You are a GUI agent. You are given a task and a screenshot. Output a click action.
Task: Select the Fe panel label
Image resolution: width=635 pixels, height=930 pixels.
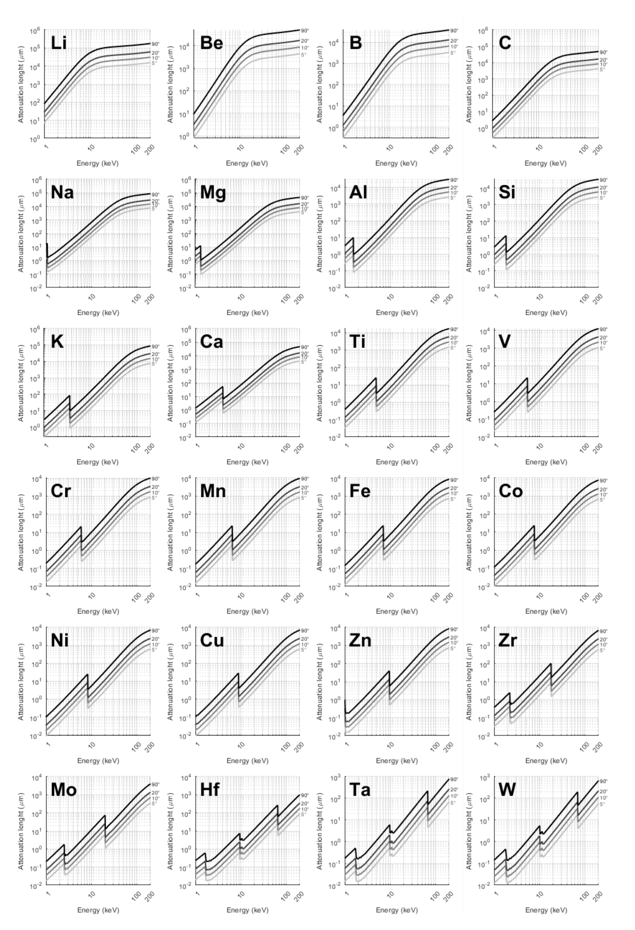pos(360,491)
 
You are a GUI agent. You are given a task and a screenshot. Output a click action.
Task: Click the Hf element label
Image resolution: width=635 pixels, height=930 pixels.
pos(210,789)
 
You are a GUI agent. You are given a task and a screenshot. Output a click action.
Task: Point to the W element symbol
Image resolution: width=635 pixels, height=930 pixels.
pos(507,789)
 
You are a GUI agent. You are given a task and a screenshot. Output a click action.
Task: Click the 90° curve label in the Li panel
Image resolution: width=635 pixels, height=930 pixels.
pos(155,44)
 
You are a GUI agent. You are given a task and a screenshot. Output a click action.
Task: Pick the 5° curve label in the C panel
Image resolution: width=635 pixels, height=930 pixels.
pos(602,70)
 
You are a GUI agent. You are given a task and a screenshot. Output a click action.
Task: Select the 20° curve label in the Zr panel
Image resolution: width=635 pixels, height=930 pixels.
pos(603,639)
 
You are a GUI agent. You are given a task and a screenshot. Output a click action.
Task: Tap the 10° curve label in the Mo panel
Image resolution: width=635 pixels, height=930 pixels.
pos(155,798)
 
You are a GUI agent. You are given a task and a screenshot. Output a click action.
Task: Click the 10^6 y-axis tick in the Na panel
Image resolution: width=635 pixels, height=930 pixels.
pos(36,180)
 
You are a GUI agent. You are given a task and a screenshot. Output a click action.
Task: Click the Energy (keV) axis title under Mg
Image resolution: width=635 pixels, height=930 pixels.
pos(247,313)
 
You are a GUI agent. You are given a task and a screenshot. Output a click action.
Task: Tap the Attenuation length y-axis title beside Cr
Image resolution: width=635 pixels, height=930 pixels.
pos(21,532)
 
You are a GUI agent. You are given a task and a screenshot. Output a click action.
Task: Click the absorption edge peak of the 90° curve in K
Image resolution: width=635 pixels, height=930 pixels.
pos(70,396)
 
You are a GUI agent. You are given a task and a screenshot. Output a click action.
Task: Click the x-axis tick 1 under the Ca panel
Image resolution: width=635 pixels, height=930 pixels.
pos(197,445)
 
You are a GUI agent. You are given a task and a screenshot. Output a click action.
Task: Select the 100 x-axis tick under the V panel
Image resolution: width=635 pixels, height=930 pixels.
pos(585,447)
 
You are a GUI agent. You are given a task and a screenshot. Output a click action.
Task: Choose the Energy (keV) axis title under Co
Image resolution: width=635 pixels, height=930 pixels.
pos(546,611)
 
